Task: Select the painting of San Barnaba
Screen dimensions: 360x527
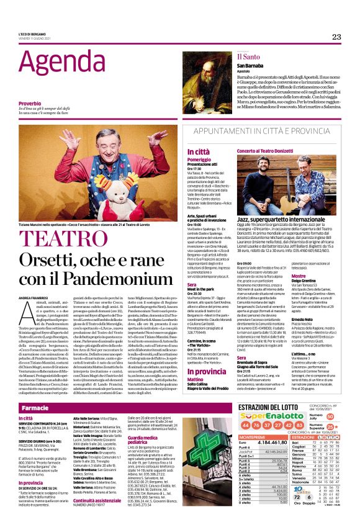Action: (208, 83)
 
